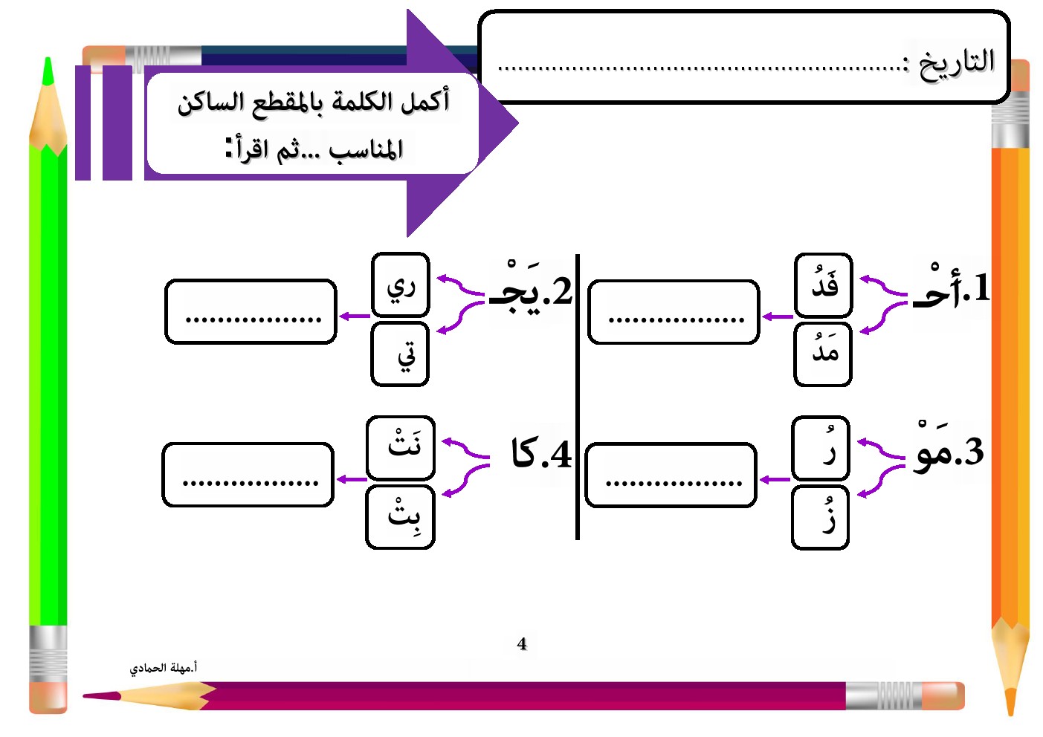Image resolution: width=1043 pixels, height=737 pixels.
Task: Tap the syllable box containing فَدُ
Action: (x=823, y=285)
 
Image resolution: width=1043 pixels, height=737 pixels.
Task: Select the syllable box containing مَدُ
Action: (x=823, y=354)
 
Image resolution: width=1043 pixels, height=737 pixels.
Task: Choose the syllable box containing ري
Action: (x=400, y=285)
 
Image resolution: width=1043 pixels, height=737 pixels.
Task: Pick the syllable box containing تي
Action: (x=400, y=354)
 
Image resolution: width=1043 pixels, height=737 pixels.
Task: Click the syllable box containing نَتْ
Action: (x=400, y=447)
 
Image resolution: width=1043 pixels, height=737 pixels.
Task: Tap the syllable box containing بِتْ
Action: (x=400, y=517)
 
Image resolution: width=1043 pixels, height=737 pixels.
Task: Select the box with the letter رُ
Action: (x=821, y=447)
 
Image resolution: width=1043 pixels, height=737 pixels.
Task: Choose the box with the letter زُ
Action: (x=821, y=517)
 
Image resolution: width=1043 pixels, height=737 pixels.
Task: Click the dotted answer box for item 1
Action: (x=674, y=312)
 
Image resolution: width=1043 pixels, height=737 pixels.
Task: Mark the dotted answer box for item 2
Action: (x=251, y=312)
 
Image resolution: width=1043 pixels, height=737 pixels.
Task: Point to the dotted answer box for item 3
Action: (x=671, y=475)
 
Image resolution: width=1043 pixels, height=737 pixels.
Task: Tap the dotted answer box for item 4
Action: (x=248, y=475)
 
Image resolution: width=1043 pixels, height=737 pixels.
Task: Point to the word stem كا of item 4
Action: (x=524, y=453)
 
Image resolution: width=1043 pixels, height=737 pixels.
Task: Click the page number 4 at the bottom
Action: (x=522, y=644)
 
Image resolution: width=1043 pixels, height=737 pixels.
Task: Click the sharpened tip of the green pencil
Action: (x=48, y=71)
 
